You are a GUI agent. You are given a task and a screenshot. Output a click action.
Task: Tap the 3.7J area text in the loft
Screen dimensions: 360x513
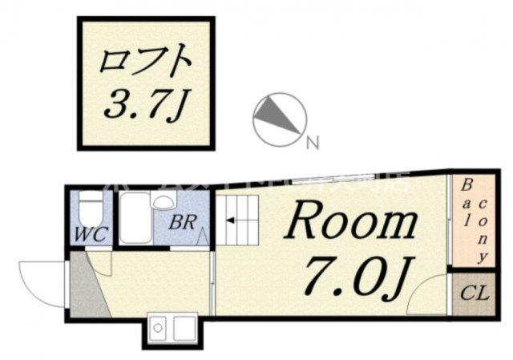pyautogui.click(x=147, y=104)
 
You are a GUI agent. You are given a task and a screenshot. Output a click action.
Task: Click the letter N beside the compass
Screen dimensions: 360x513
pyautogui.click(x=313, y=144)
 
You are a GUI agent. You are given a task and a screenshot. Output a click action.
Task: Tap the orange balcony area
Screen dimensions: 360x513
pyautogui.click(x=470, y=221)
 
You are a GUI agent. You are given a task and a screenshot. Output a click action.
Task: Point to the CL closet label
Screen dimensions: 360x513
pyautogui.click(x=473, y=293)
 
